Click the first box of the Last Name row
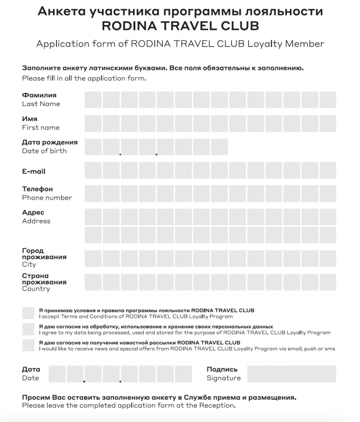(x=93, y=100)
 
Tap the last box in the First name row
(x=328, y=123)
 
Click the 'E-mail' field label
(x=34, y=171)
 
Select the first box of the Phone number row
(x=93, y=193)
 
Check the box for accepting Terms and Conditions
(x=28, y=313)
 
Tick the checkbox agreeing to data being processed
(x=28, y=329)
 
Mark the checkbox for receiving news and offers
(x=28, y=345)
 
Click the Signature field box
(x=292, y=374)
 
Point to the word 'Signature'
(x=224, y=378)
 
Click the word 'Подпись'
(x=222, y=369)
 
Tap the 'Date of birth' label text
(x=44, y=151)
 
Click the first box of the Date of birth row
(x=93, y=147)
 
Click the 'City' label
(x=29, y=264)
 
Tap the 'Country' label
(x=36, y=289)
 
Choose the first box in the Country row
(x=93, y=282)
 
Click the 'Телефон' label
(x=38, y=189)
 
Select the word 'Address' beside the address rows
(x=36, y=221)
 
